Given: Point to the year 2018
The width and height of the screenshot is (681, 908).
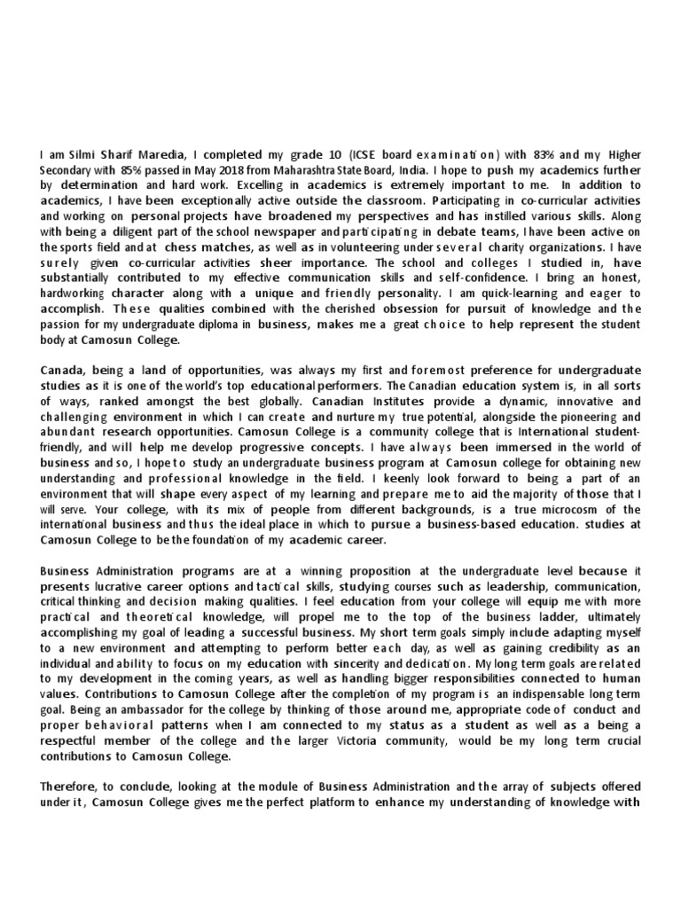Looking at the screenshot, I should tap(233, 171).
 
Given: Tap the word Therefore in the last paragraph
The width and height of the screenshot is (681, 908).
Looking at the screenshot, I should tap(71, 787).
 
